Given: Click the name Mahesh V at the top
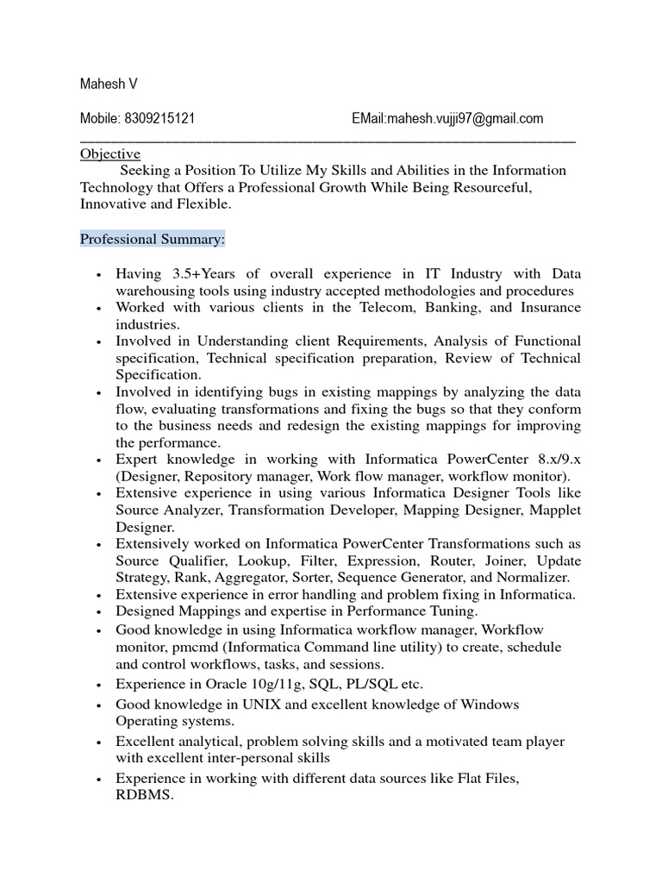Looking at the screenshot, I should tap(109, 84).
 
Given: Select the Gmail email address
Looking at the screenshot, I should tap(465, 119).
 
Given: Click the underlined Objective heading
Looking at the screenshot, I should tap(110, 153).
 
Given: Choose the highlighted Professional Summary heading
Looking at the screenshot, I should tap(153, 238).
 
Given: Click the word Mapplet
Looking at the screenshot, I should tap(554, 510).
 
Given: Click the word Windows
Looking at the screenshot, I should tap(489, 705).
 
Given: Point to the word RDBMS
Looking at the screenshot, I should tap(145, 796).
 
